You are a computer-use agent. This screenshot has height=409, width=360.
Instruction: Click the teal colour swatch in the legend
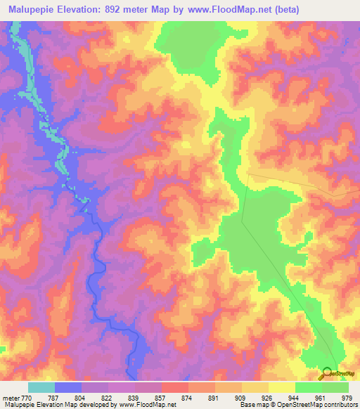tap(41, 387)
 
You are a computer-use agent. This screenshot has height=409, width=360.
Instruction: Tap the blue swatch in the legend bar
tap(68, 387)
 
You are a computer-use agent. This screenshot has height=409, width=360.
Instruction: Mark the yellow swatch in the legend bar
tap(282, 387)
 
